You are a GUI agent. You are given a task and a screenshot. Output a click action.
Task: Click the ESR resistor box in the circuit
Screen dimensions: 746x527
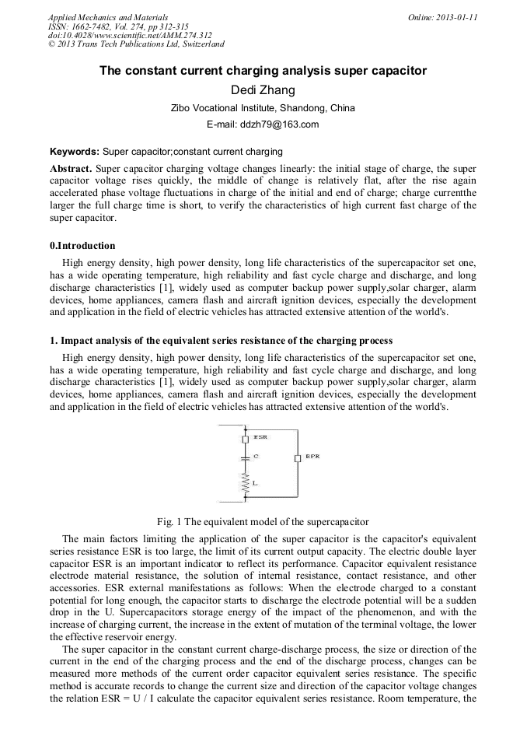point(246,440)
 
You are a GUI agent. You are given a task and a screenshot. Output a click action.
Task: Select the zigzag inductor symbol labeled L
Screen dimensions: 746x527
point(246,483)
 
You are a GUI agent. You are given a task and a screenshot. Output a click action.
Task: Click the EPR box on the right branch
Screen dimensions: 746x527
point(297,458)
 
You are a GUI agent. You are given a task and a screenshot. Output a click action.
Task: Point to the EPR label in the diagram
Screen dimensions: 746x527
point(312,457)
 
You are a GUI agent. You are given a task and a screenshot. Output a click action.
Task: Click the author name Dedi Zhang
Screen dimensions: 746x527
point(263,90)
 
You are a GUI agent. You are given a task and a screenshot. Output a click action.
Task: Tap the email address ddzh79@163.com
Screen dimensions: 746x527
point(263,124)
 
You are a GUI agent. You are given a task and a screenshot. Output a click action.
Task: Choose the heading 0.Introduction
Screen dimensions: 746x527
point(82,246)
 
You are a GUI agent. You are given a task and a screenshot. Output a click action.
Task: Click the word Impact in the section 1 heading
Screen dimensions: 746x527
point(76,341)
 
